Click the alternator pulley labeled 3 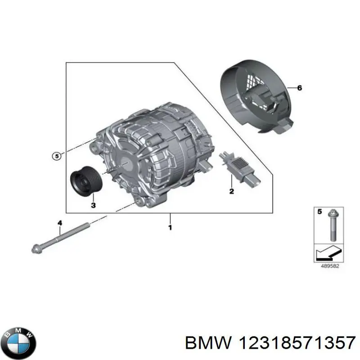pos(86,184)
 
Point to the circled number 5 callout pos(55,156)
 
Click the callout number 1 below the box pos(170,228)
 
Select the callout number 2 pos(231,192)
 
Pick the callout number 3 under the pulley pos(93,206)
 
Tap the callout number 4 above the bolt pos(59,222)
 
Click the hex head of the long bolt pos(35,248)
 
